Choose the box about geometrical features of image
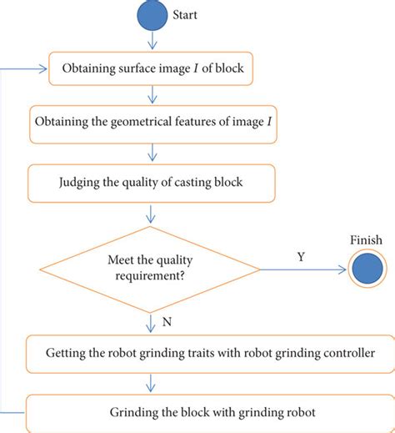click(155, 124)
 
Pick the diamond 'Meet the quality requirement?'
click(152, 269)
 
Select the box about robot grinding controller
click(198, 353)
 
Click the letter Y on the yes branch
click(300, 257)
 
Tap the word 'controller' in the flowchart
click(343, 353)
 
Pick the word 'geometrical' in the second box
click(133, 124)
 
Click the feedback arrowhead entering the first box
click(42, 68)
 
